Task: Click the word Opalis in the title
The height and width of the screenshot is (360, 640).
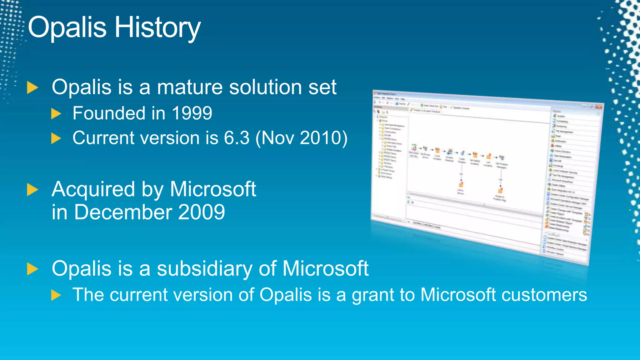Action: pyautogui.click(x=67, y=27)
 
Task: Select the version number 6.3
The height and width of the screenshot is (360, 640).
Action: pyautogui.click(x=237, y=138)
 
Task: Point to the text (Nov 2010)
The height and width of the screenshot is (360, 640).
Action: pyautogui.click(x=301, y=138)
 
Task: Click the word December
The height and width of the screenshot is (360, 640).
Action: pyautogui.click(x=123, y=212)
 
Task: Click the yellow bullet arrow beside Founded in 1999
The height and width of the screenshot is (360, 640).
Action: pyautogui.click(x=56, y=114)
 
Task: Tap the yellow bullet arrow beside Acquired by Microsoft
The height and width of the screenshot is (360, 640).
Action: pyautogui.click(x=32, y=190)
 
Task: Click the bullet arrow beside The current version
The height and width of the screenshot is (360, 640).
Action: pyautogui.click(x=56, y=295)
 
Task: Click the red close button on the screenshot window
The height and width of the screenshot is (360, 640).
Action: pyautogui.click(x=598, y=107)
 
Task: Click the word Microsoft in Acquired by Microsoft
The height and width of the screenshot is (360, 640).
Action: pyautogui.click(x=213, y=190)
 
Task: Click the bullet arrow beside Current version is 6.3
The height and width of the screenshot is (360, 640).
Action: pyautogui.click(x=56, y=138)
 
